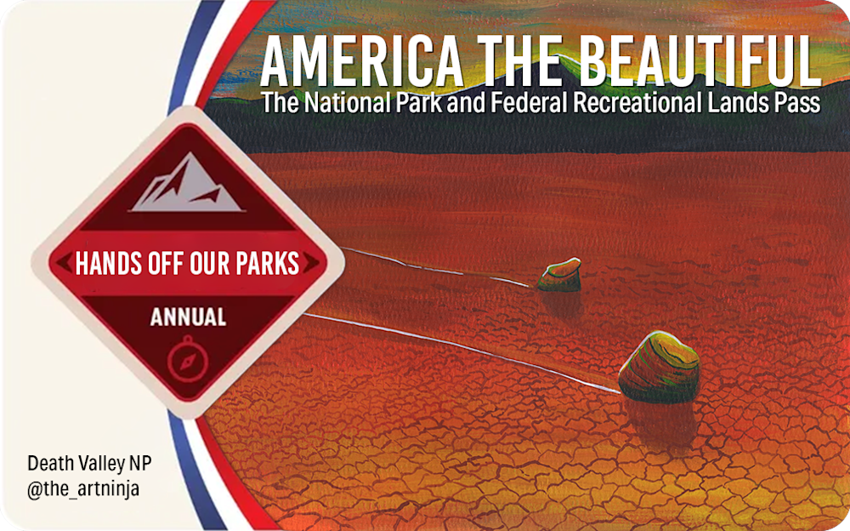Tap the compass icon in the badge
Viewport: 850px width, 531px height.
(x=188, y=359)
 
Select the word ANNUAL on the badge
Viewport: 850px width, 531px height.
(x=188, y=317)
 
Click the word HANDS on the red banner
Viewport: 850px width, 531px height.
(x=110, y=263)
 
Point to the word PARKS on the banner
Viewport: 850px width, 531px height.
(x=267, y=263)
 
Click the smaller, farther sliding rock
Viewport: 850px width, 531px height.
(x=559, y=275)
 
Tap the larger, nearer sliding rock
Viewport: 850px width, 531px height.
(x=659, y=367)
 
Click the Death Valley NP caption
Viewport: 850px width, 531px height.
(x=89, y=463)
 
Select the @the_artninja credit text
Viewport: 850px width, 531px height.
(x=83, y=488)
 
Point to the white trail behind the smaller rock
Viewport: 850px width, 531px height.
(x=436, y=266)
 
